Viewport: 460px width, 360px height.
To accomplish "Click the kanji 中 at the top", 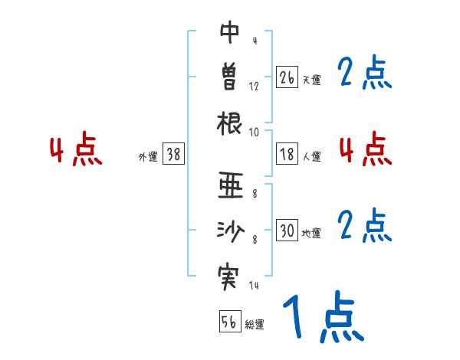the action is tap(230, 32).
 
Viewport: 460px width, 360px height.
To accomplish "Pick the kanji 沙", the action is tap(230, 229).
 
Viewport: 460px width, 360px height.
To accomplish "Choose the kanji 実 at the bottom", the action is tap(230, 273).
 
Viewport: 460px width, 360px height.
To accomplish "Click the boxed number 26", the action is tap(287, 77).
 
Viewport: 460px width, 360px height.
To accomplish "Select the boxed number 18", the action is tap(287, 154).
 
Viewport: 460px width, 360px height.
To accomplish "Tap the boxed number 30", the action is tap(287, 231).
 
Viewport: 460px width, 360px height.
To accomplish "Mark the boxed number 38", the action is tap(172, 154).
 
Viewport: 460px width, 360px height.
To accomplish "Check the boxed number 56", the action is tap(229, 322).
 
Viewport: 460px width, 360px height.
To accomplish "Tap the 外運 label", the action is tap(147, 156).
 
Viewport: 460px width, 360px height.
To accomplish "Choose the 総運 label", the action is tap(254, 324).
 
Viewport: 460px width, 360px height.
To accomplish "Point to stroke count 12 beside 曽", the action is tap(254, 87).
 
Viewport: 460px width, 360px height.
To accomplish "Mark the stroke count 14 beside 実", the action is tap(254, 285).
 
